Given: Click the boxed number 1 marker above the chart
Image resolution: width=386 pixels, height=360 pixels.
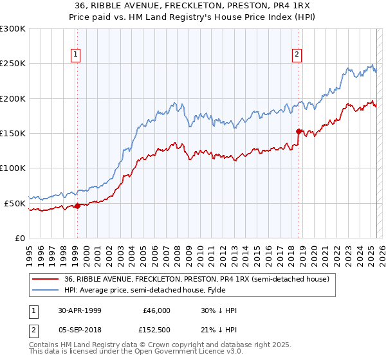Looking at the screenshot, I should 77,55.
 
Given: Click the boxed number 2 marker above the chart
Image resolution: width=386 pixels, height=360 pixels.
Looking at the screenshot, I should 297,55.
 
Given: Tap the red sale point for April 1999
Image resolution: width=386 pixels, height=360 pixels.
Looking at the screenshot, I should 77,206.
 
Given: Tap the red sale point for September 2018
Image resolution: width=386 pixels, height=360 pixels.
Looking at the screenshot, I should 299,131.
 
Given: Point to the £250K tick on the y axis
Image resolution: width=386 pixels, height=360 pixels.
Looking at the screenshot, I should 13,64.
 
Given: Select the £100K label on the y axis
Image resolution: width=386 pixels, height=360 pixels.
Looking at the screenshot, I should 13,168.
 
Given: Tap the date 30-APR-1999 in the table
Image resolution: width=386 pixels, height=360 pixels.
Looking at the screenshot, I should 80,310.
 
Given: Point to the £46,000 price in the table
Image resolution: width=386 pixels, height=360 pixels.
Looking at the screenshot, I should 157,310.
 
